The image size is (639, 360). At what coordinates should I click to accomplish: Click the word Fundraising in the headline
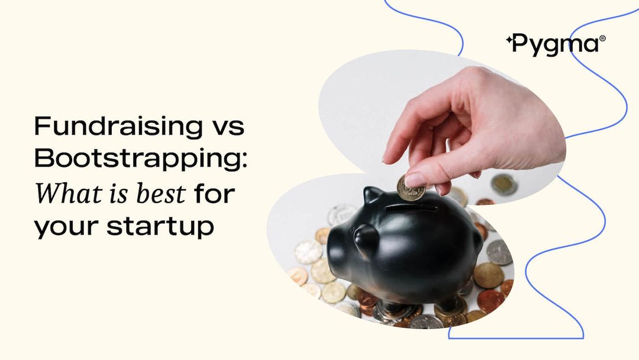pyautogui.click(x=118, y=126)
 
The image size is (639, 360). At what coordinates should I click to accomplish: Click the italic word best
pyautogui.click(x=160, y=193)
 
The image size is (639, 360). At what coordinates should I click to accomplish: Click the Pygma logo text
pyautogui.click(x=556, y=44)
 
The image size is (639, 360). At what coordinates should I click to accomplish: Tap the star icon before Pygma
pyautogui.click(x=509, y=40)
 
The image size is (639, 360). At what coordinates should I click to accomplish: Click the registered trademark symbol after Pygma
pyautogui.click(x=603, y=38)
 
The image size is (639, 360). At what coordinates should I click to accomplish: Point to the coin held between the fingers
pyautogui.click(x=410, y=188)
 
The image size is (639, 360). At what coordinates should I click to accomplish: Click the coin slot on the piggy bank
pyautogui.click(x=412, y=208)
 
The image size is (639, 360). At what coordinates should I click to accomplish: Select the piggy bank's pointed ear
pyautogui.click(x=372, y=194)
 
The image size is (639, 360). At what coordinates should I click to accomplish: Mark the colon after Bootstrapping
pyautogui.click(x=244, y=160)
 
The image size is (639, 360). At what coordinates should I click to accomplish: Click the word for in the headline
pyautogui.click(x=214, y=193)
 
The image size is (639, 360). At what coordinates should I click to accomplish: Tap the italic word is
pyautogui.click(x=120, y=194)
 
